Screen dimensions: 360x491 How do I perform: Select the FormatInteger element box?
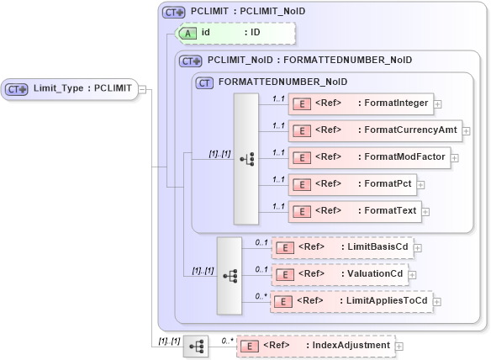[359, 105]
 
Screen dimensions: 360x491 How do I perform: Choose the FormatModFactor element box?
[369, 157]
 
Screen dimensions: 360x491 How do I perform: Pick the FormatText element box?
[354, 211]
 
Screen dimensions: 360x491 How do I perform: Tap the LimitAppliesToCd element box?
[351, 301]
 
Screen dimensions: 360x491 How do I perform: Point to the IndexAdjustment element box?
[315, 346]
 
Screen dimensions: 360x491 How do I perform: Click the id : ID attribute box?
[235, 33]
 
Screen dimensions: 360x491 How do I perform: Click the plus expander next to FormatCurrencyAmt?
[466, 132]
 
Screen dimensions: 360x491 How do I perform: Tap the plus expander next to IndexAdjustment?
[399, 346]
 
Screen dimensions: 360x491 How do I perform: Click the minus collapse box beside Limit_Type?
[142, 90]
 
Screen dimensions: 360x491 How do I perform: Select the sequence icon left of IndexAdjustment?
[196, 346]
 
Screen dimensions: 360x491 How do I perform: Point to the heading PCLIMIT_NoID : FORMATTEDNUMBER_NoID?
[309, 61]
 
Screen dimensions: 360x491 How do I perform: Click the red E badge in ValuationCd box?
[285, 274]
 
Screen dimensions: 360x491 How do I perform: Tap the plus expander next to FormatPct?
[421, 185]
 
